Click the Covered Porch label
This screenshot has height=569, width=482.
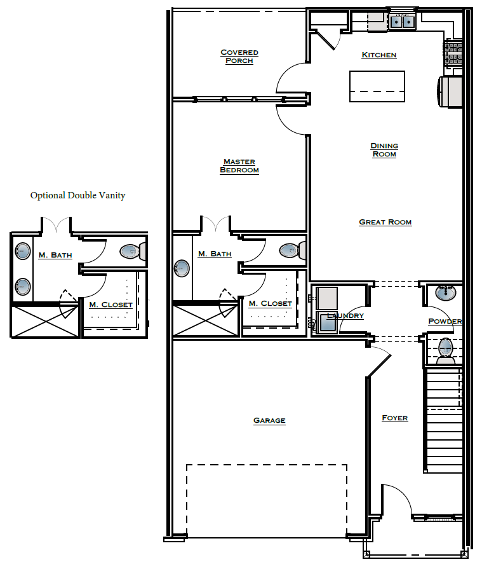239,57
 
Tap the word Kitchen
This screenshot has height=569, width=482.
379,55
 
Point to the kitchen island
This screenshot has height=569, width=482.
377,86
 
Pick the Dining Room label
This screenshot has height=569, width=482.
384,150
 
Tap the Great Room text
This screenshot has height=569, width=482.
385,223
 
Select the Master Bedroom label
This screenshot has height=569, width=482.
239,166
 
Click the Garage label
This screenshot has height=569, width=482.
269,420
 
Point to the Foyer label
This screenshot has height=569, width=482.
394,418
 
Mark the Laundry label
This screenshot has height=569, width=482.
345,316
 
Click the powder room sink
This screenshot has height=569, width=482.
445,294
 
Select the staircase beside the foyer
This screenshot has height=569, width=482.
443,420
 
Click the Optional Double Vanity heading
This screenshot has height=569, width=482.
77,195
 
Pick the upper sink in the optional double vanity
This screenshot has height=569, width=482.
22,252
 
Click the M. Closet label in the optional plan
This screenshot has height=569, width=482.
110,305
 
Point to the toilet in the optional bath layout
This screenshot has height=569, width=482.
131,252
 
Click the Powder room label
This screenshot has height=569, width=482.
445,321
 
